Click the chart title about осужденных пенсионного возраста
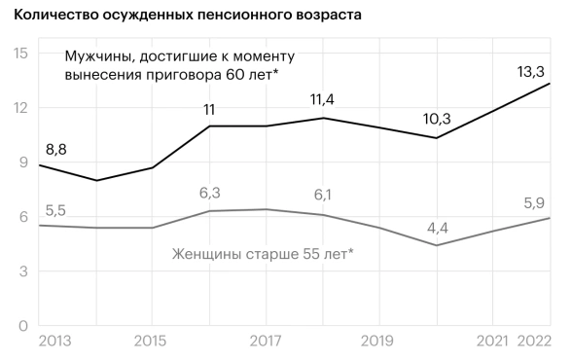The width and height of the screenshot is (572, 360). pos(181,15)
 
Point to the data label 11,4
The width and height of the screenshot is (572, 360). pos(320,99)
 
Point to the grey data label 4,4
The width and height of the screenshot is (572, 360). pos(438,227)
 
